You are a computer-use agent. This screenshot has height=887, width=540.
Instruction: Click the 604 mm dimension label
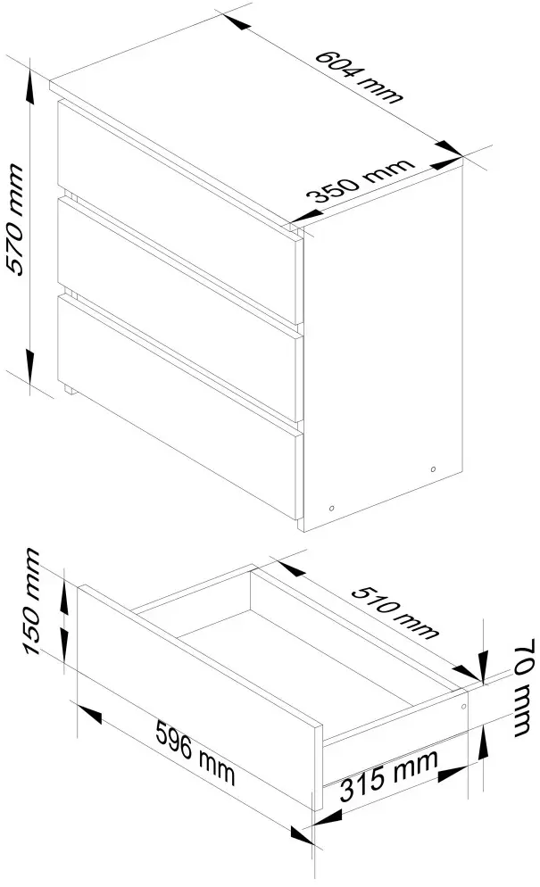(358, 77)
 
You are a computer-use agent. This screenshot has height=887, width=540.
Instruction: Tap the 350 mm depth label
(360, 180)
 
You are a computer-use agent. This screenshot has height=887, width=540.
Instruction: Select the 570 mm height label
(15, 219)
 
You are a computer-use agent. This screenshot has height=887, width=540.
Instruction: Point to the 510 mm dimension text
(395, 612)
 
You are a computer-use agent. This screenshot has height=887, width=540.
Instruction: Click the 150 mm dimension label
(33, 601)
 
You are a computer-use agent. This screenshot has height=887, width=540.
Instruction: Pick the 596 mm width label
(195, 751)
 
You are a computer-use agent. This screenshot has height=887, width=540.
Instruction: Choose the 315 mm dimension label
(389, 775)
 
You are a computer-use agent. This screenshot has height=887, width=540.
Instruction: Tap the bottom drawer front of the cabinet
(180, 407)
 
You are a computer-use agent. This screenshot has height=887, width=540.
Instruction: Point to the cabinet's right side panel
(384, 345)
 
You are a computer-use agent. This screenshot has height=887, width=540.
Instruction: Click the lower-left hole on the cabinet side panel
(332, 508)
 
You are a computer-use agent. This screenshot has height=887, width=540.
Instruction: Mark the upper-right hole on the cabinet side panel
(433, 469)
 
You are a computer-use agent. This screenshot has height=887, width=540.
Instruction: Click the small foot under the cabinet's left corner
(68, 389)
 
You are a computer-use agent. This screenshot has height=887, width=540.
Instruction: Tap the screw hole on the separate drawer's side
(463, 707)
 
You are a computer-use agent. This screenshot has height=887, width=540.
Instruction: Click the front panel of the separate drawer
(200, 697)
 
